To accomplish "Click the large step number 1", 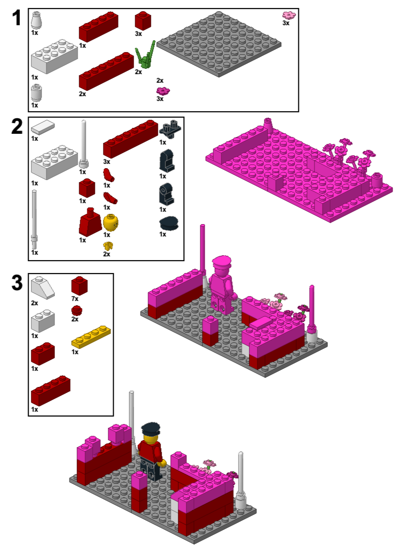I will coord(17,18).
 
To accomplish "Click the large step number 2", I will coord(17,127).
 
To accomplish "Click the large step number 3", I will coord(17,283).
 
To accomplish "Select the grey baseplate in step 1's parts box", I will coord(219,43).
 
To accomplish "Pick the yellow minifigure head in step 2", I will coord(110,223).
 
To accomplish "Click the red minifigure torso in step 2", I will coord(89,223).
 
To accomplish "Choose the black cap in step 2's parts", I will coord(169,223).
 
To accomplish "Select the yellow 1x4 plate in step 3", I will coord(91,337).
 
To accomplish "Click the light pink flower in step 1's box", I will coord(289,16).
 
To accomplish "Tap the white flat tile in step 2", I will coord(43,127).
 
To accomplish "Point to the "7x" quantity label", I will coord(75,298).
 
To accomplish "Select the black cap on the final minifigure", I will coord(150,429).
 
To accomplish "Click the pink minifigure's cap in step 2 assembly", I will coord(221,262).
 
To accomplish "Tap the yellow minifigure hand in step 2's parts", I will coord(108,246).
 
